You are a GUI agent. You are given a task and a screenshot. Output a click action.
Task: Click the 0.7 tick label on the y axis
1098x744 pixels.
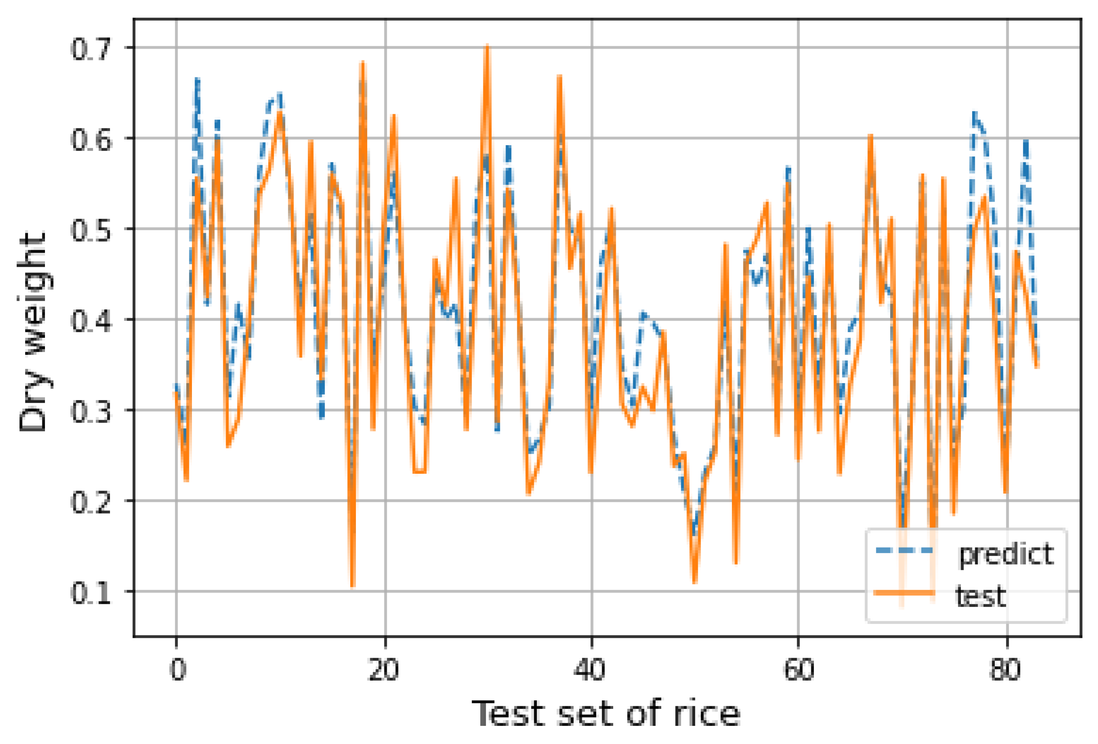91,49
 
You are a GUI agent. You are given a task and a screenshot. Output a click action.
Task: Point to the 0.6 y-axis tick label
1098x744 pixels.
91,140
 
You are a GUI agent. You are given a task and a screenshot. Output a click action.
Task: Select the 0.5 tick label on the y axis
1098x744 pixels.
91,230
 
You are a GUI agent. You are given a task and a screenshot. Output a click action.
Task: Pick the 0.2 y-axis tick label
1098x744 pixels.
91,502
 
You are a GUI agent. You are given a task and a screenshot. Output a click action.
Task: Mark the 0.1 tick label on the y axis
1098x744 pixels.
91,593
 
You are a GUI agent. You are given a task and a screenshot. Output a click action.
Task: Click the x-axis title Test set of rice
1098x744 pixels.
606,714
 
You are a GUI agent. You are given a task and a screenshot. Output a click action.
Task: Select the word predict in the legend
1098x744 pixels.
1006,554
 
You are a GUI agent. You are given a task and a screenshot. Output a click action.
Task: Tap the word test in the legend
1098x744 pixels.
980,596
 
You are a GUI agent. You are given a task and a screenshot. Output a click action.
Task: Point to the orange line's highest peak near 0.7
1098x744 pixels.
487,46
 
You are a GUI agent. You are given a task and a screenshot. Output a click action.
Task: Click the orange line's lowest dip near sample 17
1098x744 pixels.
353,586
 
